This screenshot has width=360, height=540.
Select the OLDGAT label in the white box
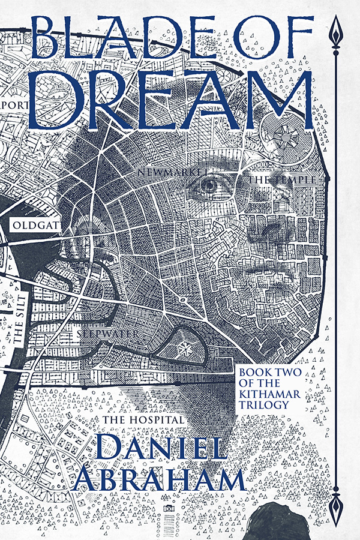coord(31,226)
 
